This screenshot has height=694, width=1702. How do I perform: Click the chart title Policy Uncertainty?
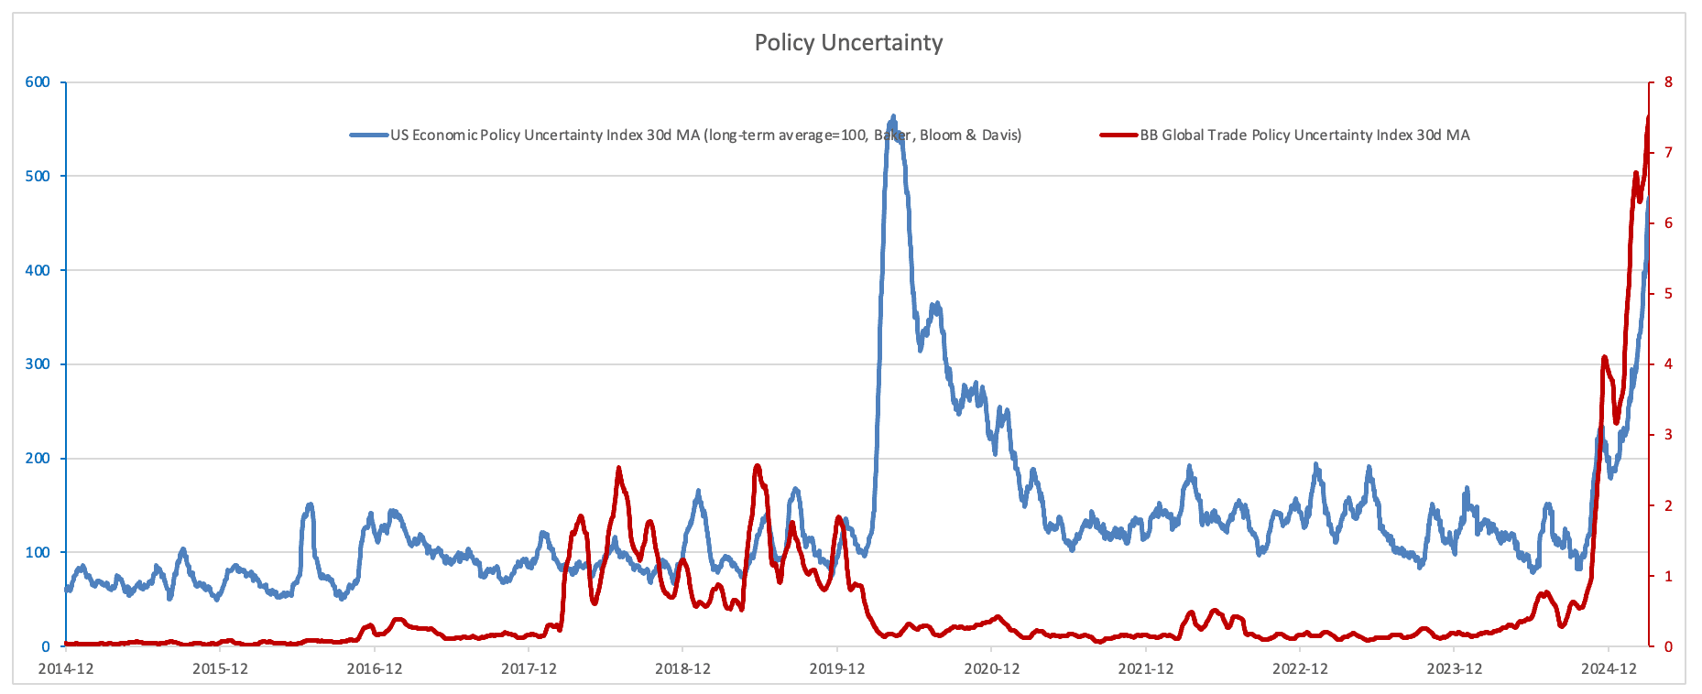(848, 43)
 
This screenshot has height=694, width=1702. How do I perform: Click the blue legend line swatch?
(369, 136)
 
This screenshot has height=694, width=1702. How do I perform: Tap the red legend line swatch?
(1118, 136)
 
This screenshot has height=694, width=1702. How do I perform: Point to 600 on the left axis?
(38, 82)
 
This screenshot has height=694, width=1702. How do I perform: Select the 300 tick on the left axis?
(38, 364)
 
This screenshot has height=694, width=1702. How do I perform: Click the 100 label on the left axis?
(38, 552)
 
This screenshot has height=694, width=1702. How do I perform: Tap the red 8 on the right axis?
(1668, 82)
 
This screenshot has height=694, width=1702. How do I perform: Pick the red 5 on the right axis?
(1668, 294)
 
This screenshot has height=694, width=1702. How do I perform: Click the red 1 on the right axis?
(1668, 576)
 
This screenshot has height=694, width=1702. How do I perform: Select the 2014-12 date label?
(65, 669)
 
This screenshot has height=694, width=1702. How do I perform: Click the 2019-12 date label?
(836, 669)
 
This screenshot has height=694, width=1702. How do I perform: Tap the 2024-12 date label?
(1609, 669)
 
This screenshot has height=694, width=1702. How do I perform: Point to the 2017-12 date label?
(529, 669)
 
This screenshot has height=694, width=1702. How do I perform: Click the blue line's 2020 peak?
(893, 118)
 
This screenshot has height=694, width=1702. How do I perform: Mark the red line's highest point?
(1648, 117)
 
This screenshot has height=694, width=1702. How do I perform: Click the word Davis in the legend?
(1001, 136)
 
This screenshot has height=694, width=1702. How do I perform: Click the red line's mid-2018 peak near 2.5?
(619, 469)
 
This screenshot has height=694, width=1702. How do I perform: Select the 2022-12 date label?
(1300, 669)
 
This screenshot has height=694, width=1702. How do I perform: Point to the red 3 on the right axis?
(1668, 435)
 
